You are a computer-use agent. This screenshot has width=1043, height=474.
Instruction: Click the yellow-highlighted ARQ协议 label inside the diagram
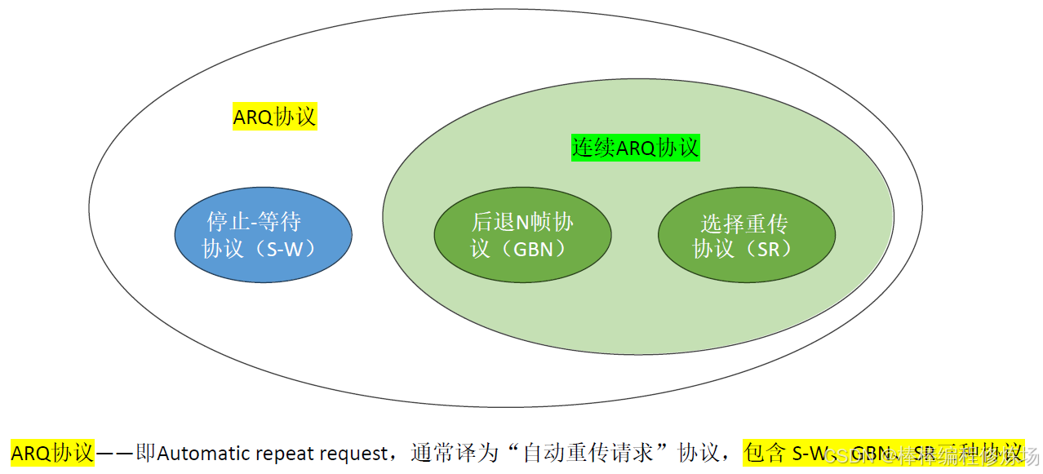(274, 117)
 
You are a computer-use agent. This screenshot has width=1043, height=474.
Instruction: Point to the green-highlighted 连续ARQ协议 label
(635, 148)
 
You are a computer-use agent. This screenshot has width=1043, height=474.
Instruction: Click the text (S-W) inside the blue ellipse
(291, 249)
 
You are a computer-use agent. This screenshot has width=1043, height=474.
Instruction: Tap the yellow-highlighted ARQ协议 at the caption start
(52, 453)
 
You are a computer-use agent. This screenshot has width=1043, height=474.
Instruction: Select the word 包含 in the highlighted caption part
(764, 453)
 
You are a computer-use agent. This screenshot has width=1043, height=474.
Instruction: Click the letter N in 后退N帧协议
(523, 222)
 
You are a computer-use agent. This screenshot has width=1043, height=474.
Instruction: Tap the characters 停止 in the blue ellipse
(229, 222)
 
